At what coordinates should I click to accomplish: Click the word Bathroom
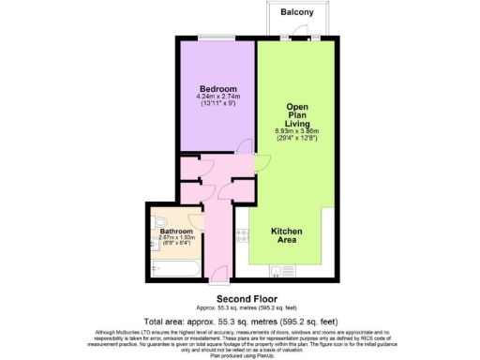tap(175, 231)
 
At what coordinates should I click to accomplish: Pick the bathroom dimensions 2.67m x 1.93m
tap(175, 238)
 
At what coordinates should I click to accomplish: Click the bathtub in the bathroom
tap(173, 269)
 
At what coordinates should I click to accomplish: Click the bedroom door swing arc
tap(245, 147)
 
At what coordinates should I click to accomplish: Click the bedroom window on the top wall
tap(217, 38)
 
